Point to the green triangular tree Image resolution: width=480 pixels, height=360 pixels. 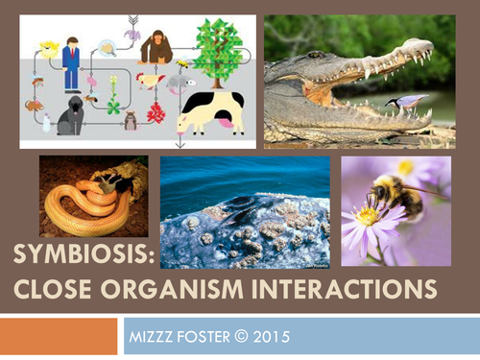click(217, 46)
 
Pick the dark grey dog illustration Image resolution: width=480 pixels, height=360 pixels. click(71, 117)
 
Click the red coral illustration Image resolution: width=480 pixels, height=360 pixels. click(156, 112)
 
